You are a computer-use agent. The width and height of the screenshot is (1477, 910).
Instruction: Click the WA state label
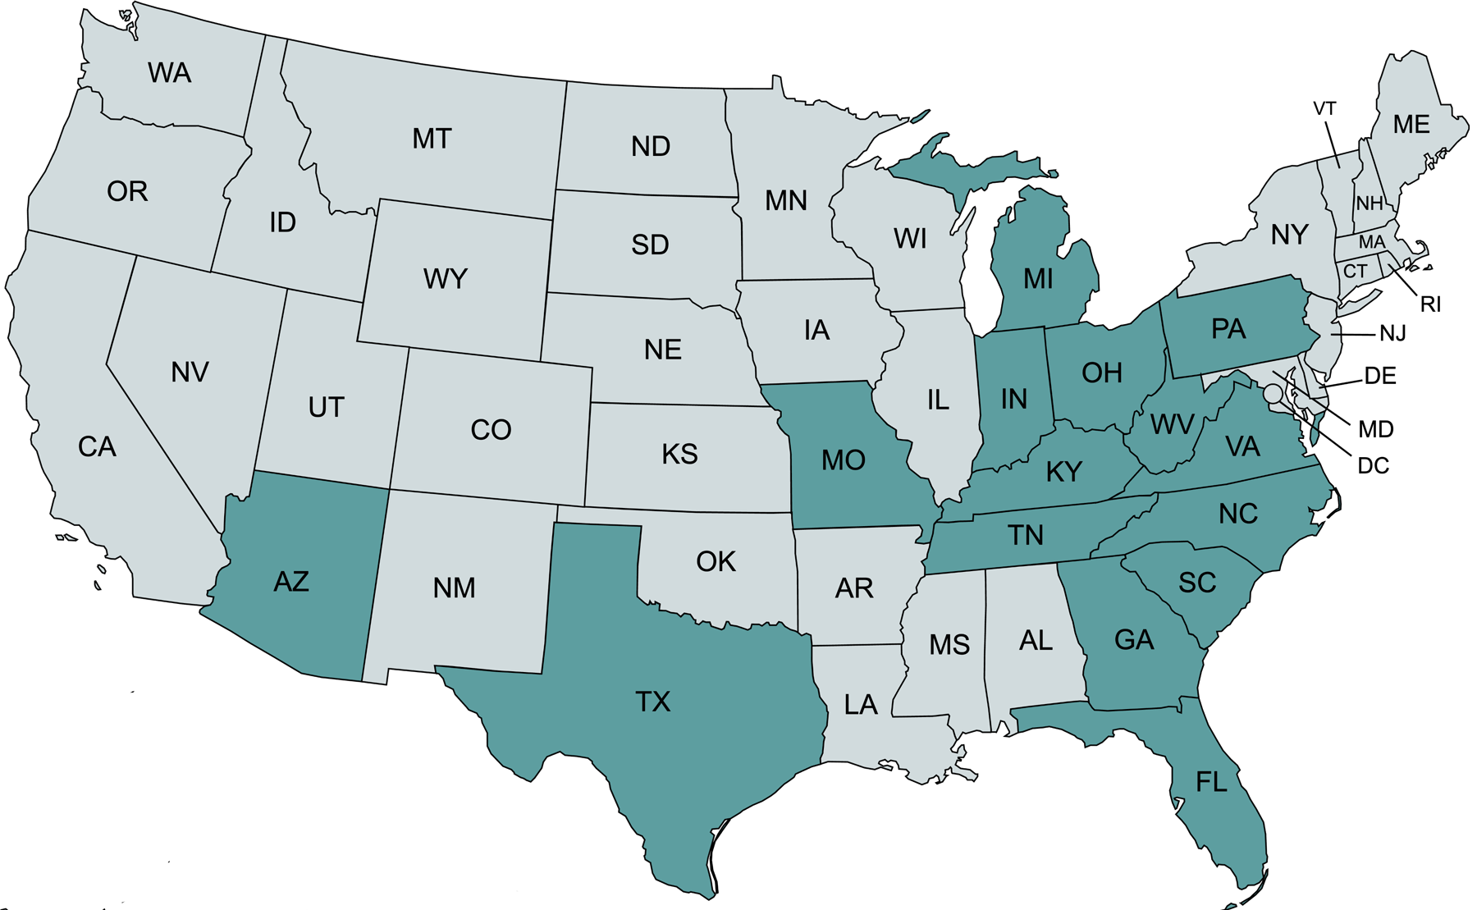coord(170,73)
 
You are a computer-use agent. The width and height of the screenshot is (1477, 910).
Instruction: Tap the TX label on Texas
coord(653,702)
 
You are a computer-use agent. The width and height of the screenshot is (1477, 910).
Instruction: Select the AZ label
coord(291,582)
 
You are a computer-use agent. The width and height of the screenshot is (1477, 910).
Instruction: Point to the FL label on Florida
coord(1211,782)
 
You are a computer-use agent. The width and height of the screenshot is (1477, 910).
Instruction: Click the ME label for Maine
coord(1411,125)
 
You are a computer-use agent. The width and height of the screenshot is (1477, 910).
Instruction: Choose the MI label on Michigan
coord(1038,279)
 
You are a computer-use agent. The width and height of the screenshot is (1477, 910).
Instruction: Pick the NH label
coord(1369,203)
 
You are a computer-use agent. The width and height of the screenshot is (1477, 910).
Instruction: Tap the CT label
coord(1355,272)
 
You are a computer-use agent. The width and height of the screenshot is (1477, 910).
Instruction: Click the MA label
coord(1371,243)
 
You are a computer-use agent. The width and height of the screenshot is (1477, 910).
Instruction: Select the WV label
coord(1172,424)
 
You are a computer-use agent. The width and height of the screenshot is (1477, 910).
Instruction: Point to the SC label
coord(1197,583)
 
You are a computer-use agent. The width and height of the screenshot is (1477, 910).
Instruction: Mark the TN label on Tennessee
coord(1026,535)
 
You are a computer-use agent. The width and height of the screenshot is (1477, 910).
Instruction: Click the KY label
coord(1064,472)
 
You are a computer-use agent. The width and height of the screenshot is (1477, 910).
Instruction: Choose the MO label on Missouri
coord(844,460)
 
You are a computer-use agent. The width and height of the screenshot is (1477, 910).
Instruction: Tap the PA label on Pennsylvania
coord(1228,329)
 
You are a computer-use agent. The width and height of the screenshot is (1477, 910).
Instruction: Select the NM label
coord(455,588)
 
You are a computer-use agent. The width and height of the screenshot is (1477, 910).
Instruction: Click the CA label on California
coord(97,447)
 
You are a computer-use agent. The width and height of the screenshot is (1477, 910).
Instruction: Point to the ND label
coord(651,147)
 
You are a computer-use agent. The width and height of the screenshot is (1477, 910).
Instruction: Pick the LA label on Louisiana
coord(861,705)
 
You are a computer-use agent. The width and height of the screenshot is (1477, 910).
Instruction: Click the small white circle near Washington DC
coord(1273,394)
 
